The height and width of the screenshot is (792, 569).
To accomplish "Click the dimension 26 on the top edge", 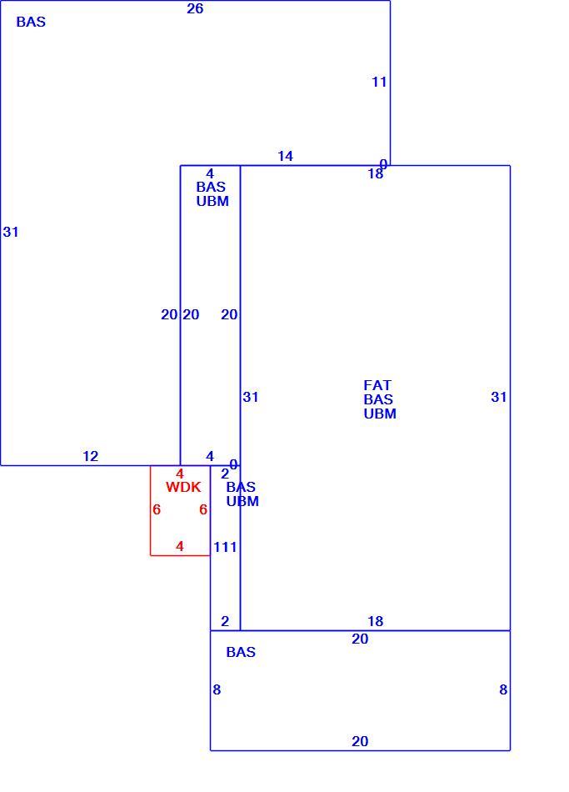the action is click(195, 8).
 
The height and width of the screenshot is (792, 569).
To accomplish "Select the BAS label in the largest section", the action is click(31, 22).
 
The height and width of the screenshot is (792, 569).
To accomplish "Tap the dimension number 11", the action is click(379, 82).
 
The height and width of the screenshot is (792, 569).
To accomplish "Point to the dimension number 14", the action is click(285, 156).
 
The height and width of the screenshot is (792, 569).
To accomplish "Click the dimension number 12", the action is click(90, 456).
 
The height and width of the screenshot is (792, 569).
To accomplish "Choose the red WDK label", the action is click(183, 487).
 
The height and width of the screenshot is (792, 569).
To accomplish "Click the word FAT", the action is click(377, 385).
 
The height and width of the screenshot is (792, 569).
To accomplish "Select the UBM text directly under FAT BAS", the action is click(380, 414).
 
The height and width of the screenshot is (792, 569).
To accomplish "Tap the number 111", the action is click(225, 547).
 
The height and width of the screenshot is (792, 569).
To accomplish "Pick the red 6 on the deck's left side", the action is click(157, 509).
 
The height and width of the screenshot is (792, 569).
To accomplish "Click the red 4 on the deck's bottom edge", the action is click(180, 546).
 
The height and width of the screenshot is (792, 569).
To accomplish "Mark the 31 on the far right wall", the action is click(499, 397).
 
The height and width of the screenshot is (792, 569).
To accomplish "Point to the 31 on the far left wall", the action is click(11, 232).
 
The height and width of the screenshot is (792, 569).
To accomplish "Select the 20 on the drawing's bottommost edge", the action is click(360, 741).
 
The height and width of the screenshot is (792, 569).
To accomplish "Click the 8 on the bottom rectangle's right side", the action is click(503, 689).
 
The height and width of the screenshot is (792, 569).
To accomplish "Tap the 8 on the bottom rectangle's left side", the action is click(217, 689).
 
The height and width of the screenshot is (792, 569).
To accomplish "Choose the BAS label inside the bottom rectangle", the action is click(241, 652).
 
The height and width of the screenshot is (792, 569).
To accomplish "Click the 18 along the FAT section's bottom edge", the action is click(375, 621).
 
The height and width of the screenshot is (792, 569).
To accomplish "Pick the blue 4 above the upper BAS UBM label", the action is click(210, 174).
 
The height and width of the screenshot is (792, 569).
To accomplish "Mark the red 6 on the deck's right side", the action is click(203, 509).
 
